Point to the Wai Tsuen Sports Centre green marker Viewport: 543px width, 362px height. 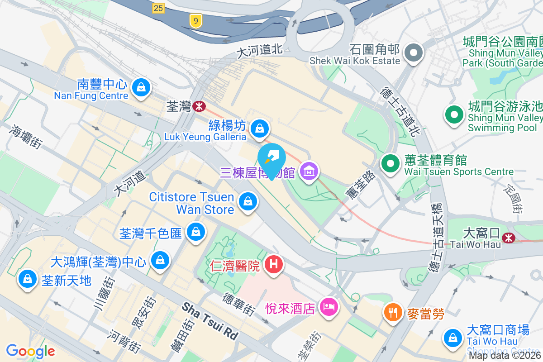(x=390, y=163)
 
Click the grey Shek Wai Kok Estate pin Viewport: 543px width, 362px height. (x=413, y=53)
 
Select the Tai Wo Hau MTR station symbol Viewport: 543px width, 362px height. (x=509, y=237)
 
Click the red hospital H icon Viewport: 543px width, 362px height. (x=273, y=264)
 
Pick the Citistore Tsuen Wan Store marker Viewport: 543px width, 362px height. (x=248, y=201)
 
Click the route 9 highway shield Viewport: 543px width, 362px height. (x=196, y=21)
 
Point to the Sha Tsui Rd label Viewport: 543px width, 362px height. (x=210, y=321)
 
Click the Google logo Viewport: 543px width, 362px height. (x=30, y=351)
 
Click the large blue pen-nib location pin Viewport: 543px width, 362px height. (x=271, y=159)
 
